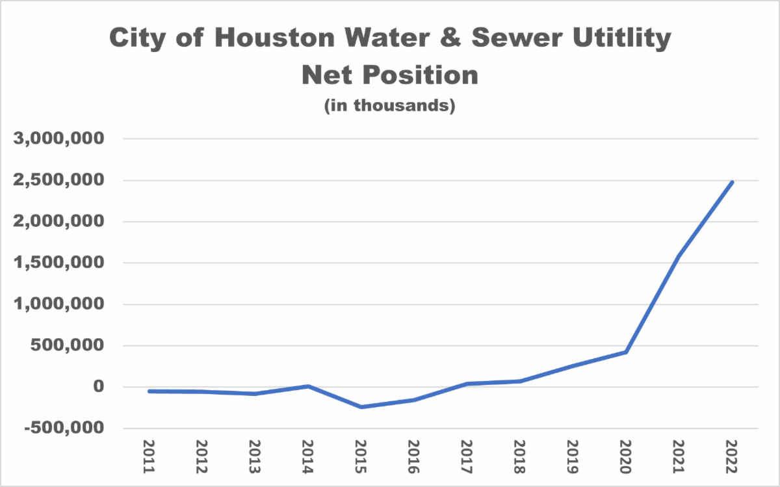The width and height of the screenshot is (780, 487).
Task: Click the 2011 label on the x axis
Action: tap(149, 456)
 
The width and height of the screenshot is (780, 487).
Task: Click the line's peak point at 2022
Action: tap(732, 182)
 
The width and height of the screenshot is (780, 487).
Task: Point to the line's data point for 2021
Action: tap(679, 256)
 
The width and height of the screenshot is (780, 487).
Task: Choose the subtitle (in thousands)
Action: tap(389, 105)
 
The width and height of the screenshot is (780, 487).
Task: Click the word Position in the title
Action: tap(420, 75)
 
